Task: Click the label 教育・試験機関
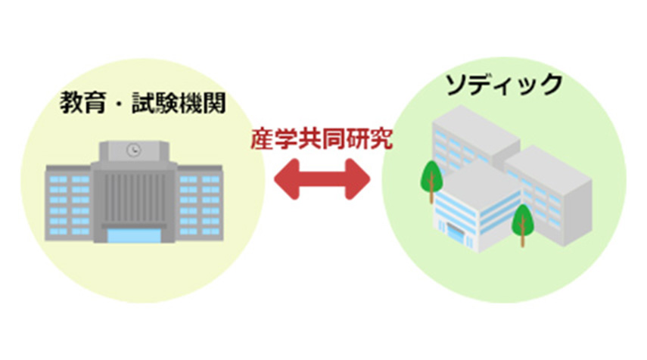click(x=142, y=104)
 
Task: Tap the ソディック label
click(x=505, y=85)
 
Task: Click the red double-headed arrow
click(x=323, y=182)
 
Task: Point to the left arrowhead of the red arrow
click(x=287, y=182)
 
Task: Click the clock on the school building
click(x=134, y=150)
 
